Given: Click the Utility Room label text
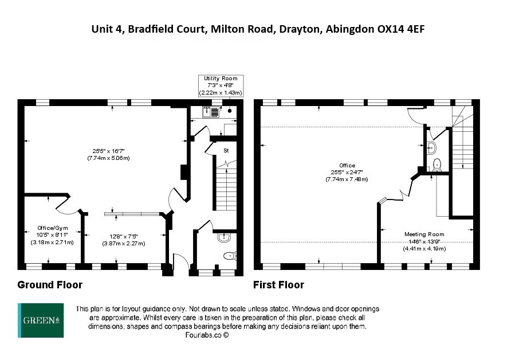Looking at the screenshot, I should (x=221, y=79).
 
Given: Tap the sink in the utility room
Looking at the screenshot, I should (x=206, y=112).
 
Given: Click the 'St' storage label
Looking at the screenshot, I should (x=227, y=151).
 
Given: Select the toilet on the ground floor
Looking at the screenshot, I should (x=229, y=256).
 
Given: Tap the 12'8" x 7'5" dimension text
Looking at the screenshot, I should (x=124, y=236).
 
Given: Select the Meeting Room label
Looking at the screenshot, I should (x=424, y=234).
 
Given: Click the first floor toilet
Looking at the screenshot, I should (x=438, y=164).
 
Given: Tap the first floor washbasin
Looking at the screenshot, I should (x=431, y=147).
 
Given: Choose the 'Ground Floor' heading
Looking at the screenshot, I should (x=50, y=285).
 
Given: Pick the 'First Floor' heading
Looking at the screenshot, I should (x=279, y=285).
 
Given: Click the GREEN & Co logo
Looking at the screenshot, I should (x=41, y=319).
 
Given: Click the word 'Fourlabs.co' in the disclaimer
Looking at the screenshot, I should (x=203, y=335).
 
